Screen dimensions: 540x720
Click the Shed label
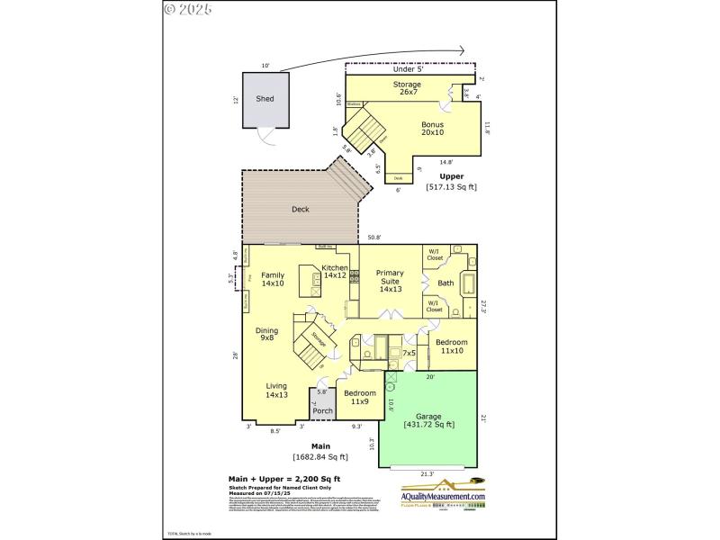pos(265,99)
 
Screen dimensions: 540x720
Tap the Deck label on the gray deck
pos(301,210)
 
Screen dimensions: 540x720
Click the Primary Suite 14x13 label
pos(390,281)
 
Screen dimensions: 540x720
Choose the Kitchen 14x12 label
pos(335,272)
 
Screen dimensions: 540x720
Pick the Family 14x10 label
pos(273,279)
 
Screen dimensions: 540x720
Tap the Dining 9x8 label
pos(266,334)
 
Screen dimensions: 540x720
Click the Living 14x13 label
pos(276,390)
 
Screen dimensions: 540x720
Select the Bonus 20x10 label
pos(433,129)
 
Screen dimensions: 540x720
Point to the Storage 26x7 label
pos(407,88)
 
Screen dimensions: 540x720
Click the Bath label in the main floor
pos(445,283)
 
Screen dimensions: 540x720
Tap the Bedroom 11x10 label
pos(451,346)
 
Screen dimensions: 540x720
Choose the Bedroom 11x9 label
pos(359,397)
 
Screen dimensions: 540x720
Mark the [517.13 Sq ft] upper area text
pos(452,186)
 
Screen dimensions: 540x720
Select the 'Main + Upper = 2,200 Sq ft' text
pos(283,478)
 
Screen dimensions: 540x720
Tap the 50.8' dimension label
pos(374,238)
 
